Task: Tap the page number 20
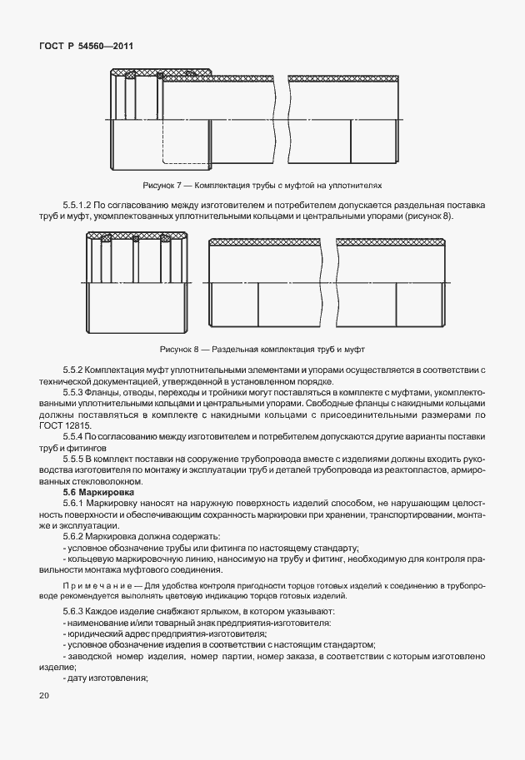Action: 43,695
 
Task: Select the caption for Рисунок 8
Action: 262,349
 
